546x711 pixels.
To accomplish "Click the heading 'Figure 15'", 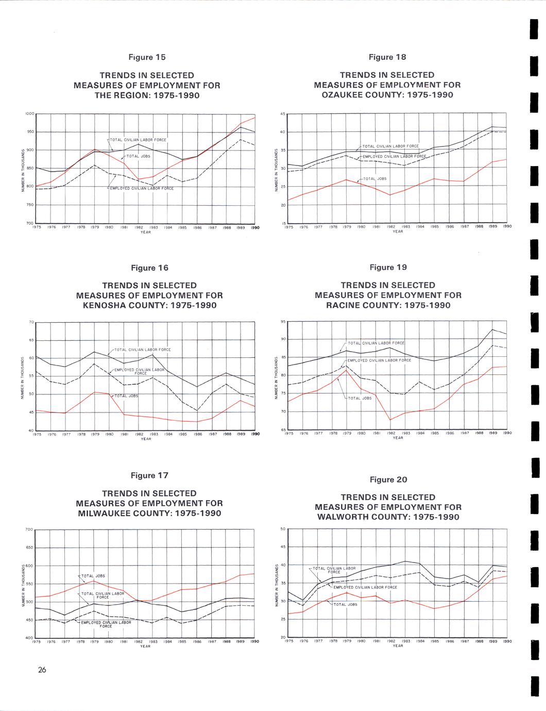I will [147, 57].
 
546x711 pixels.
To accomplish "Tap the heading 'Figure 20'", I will [388, 479].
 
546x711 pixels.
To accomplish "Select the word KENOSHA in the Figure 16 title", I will [107, 305].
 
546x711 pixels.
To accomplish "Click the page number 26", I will [42, 670].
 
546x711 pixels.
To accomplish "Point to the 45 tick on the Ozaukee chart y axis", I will [282, 114].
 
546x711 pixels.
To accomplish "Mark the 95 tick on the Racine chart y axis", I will [283, 321].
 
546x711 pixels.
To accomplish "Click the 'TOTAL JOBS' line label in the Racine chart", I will [360, 398].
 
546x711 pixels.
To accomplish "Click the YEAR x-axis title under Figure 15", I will [145, 232].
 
